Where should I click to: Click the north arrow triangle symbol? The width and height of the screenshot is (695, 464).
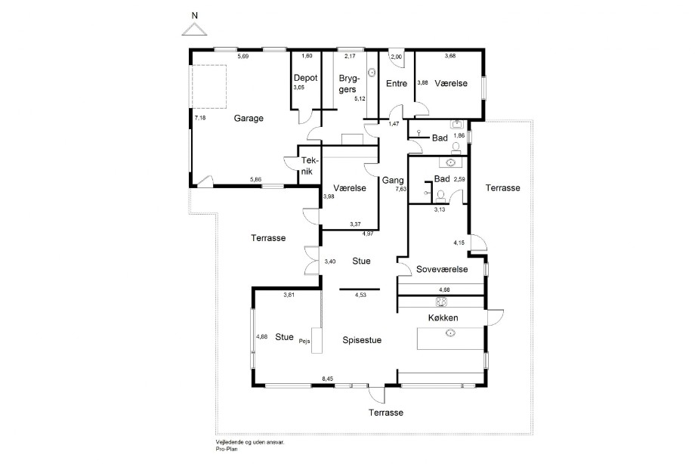pos(194,29)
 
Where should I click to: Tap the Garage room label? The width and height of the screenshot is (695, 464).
pos(249,119)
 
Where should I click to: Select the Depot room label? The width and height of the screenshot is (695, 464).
pos(305,78)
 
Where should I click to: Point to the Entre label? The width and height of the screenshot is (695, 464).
pos(397,83)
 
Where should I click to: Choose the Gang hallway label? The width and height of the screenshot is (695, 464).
pos(393,180)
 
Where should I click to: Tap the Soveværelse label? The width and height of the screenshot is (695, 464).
pos(442,269)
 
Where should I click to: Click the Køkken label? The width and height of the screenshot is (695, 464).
pos(443,318)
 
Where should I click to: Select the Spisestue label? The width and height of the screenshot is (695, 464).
pos(362,340)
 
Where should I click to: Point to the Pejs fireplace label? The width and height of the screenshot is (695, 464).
pos(304,341)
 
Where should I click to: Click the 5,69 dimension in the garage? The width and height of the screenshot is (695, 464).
pos(243,57)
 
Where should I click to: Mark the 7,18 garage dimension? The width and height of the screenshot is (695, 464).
pos(200,118)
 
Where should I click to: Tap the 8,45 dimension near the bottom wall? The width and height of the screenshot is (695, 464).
pos(328,379)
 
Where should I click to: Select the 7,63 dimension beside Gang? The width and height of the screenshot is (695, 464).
pos(400,189)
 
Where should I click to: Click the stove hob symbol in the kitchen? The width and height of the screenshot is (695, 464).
pos(441,302)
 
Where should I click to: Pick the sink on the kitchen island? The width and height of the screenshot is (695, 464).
pos(451,333)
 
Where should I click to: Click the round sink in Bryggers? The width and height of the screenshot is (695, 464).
pos(372,71)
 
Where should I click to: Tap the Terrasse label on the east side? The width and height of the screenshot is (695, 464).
pos(502,188)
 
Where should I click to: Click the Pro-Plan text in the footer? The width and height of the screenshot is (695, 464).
pos(227,449)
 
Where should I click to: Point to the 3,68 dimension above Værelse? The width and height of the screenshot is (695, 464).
pos(450,56)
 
